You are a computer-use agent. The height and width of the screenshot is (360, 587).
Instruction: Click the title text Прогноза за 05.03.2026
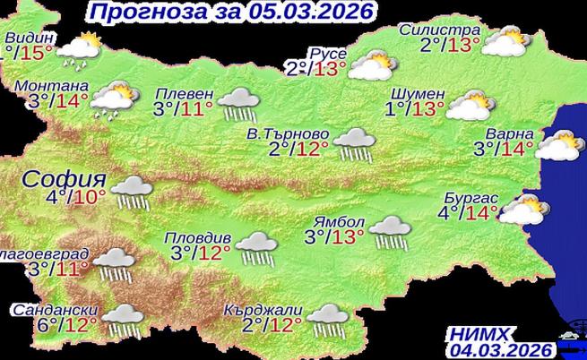(229, 12)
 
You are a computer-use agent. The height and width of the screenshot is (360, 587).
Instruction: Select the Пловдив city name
(198, 239)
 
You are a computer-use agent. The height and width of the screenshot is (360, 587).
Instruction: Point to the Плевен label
(184, 94)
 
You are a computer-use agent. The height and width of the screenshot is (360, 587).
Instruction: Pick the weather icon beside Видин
(82, 49)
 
